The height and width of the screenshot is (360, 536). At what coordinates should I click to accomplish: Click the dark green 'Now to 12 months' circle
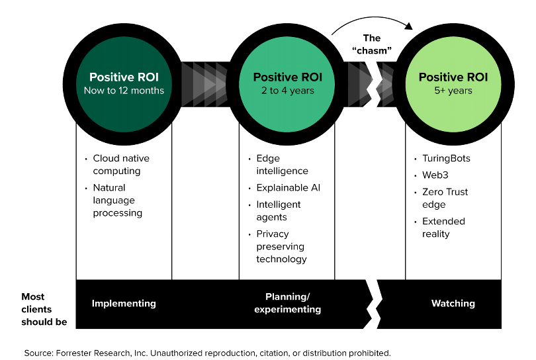124,83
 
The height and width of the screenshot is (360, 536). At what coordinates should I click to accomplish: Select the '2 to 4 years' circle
287,83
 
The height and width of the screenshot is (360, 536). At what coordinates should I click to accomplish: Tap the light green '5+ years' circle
453,83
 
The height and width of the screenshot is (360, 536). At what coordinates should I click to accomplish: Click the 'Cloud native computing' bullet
121,165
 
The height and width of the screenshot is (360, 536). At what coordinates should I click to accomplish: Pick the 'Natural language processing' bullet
118,201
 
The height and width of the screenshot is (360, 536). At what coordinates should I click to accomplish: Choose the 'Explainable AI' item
288,188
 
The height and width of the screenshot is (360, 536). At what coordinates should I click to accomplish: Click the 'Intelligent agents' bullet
279,210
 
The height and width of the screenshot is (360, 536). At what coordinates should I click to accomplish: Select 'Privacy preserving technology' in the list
281,246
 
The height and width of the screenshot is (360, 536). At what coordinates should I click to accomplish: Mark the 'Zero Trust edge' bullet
445,198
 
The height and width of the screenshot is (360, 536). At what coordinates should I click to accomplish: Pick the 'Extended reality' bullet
443,228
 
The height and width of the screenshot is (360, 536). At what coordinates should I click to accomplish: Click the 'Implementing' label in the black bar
124,304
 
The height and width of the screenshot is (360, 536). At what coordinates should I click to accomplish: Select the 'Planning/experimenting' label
287,304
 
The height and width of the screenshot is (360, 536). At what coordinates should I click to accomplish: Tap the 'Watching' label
453,304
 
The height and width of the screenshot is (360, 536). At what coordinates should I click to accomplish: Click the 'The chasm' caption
372,44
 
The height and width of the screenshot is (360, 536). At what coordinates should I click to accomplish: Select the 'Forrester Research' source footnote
207,352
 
